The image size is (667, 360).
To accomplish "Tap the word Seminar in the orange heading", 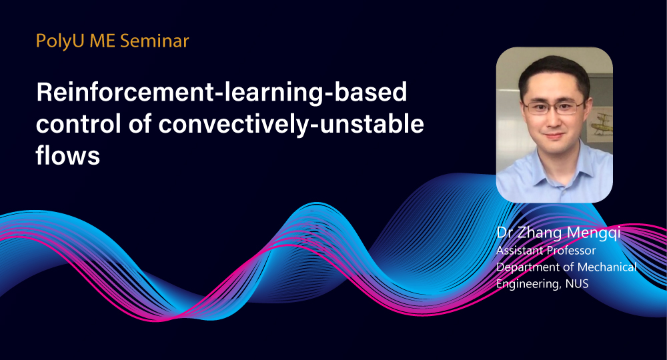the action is click(155, 41).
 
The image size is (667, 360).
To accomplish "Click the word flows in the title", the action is click(67, 155).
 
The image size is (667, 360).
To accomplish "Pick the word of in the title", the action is click(139, 124).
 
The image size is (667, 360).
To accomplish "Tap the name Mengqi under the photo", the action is click(594, 233).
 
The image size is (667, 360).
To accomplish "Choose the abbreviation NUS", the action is click(577, 283).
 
